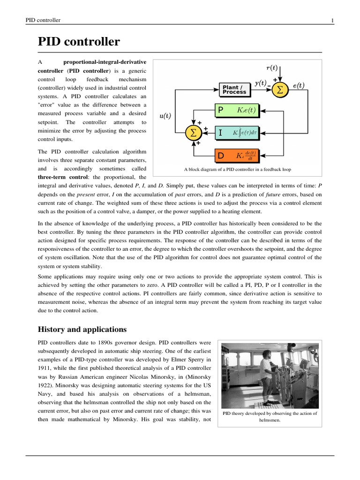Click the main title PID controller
(x=79, y=43)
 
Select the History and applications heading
(x=82, y=329)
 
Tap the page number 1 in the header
(x=332, y=20)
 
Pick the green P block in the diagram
(x=237, y=111)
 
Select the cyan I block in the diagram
(x=237, y=133)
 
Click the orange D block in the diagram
(x=237, y=155)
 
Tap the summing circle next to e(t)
(x=280, y=89)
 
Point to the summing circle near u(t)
(x=192, y=133)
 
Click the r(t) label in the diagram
(x=271, y=67)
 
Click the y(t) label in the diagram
(x=260, y=83)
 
